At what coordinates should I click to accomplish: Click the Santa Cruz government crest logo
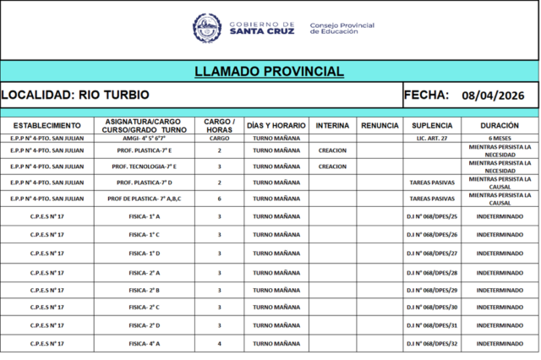(207, 28)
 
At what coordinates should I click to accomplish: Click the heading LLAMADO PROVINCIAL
(269, 71)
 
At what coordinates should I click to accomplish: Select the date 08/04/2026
(496, 96)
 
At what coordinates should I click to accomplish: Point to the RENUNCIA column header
(380, 125)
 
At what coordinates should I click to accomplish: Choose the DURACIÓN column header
(499, 125)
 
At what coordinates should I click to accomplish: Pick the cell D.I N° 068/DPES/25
(431, 216)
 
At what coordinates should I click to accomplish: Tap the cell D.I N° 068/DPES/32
(431, 343)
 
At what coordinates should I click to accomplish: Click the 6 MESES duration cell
(499, 137)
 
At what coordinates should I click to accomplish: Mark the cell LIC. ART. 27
(431, 137)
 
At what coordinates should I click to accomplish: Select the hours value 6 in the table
(219, 199)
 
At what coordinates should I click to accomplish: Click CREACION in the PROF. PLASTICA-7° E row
(332, 150)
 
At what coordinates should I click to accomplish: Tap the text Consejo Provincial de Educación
(342, 29)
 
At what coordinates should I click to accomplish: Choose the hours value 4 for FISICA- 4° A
(219, 343)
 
